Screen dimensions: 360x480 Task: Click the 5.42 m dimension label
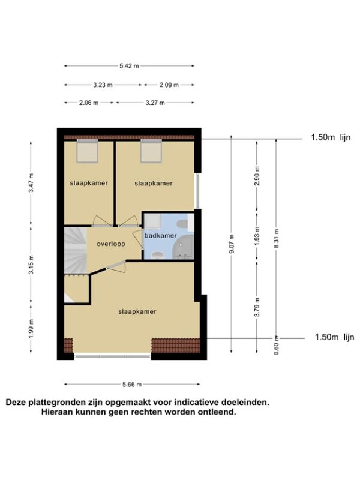129,66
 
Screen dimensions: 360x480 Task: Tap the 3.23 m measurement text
103,85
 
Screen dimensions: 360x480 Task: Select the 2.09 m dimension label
169,85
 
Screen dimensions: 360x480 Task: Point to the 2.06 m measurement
89,103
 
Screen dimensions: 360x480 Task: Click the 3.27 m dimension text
155,103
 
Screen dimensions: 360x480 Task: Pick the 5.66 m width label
132,385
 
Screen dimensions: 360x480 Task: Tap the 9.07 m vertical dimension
232,244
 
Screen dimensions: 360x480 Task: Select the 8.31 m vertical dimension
276,239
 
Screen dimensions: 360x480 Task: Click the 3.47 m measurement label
31,183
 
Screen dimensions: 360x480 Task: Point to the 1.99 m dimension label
31,329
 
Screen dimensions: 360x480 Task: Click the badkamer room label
161,236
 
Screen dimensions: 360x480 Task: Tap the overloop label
111,244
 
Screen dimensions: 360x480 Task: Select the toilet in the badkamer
182,224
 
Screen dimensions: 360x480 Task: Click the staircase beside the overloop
76,250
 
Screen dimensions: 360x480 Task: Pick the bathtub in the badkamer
183,247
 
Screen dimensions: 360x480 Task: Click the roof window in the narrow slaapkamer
87,151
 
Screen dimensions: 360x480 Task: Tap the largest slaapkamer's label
137,311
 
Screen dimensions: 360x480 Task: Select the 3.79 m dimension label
257,307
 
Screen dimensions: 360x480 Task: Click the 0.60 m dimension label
276,346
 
